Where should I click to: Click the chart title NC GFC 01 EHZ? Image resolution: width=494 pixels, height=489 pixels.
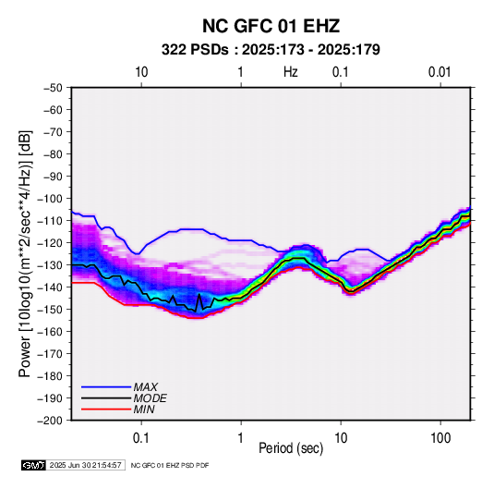[271, 26]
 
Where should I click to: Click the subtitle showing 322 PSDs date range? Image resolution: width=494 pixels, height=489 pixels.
[271, 50]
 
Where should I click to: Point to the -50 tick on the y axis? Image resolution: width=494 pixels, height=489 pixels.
[53, 88]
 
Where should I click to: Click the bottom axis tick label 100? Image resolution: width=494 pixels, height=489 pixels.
[440, 438]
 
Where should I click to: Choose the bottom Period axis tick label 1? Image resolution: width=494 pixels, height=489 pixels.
[241, 438]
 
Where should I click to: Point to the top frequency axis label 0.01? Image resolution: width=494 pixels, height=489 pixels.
[440, 72]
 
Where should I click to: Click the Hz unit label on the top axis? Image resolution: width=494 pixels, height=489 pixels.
[291, 72]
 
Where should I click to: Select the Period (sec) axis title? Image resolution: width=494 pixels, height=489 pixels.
[291, 448]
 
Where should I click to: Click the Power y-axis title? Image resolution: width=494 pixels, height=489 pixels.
[25, 253]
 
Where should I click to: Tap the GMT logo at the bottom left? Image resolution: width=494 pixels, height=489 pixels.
[33, 465]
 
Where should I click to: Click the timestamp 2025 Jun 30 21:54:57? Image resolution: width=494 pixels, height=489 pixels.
[85, 465]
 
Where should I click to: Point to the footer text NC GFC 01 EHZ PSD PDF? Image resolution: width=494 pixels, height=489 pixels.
[170, 465]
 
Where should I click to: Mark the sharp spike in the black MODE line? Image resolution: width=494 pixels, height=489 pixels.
[199, 295]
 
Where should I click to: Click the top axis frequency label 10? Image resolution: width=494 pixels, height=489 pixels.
[141, 72]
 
